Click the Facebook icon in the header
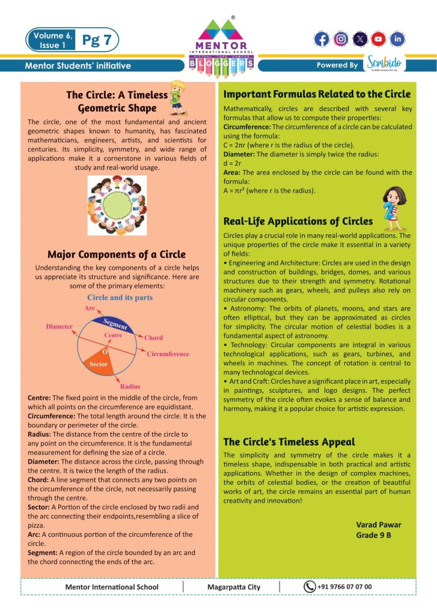pos(322,40)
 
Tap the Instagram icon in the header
pos(341,40)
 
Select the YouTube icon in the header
pos(378,40)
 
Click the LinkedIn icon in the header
pos(397,40)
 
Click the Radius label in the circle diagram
pos(130,387)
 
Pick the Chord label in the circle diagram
pos(153,338)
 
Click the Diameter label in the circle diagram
pos(60,326)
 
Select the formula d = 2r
pos(233,163)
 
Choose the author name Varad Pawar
pos(378,524)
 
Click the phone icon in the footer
pos(310,587)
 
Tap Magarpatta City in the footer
pos(234,587)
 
